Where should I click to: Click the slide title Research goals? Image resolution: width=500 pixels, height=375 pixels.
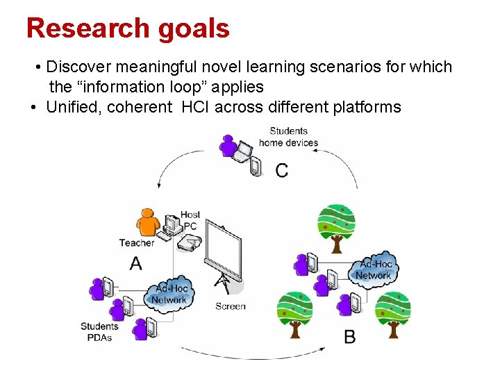pyautogui.click(x=128, y=28)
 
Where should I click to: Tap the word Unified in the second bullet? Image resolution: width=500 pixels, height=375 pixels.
pyautogui.click(x=74, y=107)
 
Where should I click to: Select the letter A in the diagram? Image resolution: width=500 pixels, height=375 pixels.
pyautogui.click(x=136, y=263)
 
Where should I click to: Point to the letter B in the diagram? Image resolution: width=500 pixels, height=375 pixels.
pyautogui.click(x=350, y=337)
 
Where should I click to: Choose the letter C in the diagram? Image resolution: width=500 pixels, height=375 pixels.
pyautogui.click(x=282, y=170)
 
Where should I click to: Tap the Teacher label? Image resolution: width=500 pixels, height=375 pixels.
pyautogui.click(x=136, y=243)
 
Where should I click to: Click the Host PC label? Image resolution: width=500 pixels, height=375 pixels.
pyautogui.click(x=190, y=220)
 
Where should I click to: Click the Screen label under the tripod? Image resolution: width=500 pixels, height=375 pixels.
pyautogui.click(x=231, y=306)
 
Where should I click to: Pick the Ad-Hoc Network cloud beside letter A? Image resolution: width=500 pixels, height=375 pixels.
pyautogui.click(x=169, y=294)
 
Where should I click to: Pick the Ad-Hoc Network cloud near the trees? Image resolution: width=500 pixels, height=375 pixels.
pyautogui.click(x=374, y=269)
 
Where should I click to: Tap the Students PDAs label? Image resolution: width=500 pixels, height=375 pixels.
pyautogui.click(x=99, y=332)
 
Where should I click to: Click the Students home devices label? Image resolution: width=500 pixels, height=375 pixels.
pyautogui.click(x=288, y=137)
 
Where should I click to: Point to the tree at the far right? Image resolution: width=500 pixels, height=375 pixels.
pyautogui.click(x=393, y=313)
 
